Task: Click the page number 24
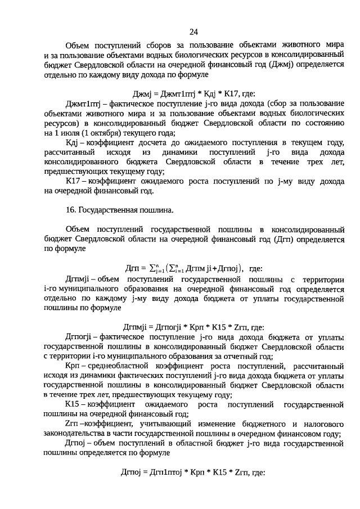pos(193,31)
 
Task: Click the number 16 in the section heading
pos(70,210)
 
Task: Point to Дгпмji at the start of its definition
pos(78,280)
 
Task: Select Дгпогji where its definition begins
pos(80,337)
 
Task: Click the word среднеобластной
pos(118,366)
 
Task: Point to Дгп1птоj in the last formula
pos(168,472)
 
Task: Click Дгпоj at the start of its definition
pos(76,443)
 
